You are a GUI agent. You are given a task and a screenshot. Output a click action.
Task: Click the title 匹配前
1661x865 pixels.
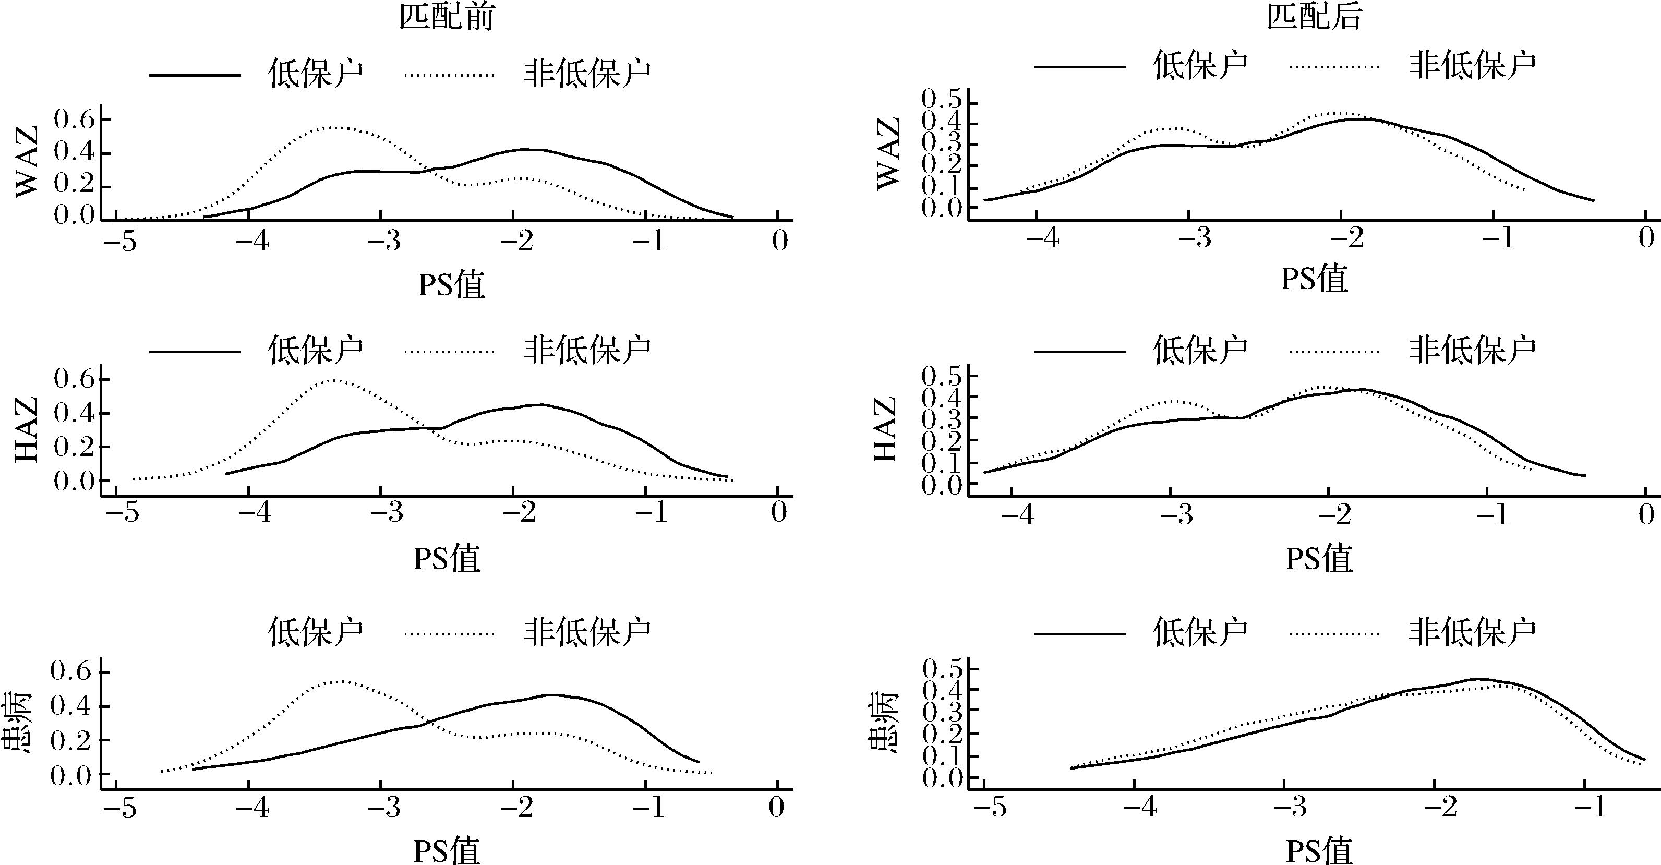click(x=446, y=17)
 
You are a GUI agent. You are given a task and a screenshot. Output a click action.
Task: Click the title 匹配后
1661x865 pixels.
click(x=1314, y=17)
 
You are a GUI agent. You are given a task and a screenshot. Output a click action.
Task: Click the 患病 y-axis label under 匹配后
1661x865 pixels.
click(x=884, y=723)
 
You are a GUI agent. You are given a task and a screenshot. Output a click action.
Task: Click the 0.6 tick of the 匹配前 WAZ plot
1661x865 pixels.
click(x=74, y=120)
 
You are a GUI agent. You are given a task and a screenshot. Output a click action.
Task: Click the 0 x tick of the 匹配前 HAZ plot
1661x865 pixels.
click(x=779, y=513)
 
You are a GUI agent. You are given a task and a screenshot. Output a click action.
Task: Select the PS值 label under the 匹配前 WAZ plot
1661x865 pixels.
click(x=451, y=284)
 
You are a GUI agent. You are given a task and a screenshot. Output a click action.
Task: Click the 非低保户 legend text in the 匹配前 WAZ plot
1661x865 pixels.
click(x=587, y=74)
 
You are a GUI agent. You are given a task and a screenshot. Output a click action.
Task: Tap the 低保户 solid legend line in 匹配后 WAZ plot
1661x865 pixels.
click(x=1079, y=66)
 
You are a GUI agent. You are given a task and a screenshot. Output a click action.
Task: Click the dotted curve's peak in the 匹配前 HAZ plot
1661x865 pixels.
click(x=333, y=380)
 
